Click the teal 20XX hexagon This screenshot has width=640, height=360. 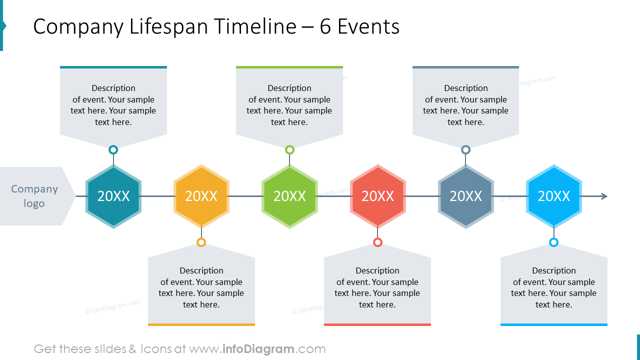tap(113, 196)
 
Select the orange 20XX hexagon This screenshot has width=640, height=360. tap(201, 196)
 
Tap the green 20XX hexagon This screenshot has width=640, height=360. tap(289, 196)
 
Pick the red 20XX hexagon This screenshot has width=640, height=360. tap(377, 196)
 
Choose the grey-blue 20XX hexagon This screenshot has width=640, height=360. tap(465, 196)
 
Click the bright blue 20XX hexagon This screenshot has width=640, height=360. tap(553, 196)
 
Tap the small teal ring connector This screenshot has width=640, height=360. tap(113, 149)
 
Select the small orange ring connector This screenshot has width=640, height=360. tap(201, 242)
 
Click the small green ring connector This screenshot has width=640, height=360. tap(289, 149)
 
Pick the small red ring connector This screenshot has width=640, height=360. tap(377, 242)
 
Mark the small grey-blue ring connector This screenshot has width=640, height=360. tap(465, 149)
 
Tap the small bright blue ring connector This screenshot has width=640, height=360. tap(553, 242)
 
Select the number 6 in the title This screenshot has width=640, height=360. tap(325, 26)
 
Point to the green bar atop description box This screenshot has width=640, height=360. tap(289, 67)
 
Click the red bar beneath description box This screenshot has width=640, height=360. tap(377, 325)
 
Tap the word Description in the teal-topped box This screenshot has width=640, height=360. tap(113, 88)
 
